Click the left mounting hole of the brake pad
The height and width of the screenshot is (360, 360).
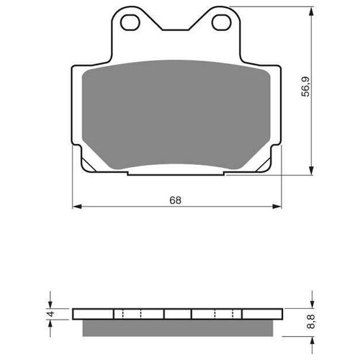click(x=130, y=23)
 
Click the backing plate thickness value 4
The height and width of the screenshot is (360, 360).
click(x=50, y=313)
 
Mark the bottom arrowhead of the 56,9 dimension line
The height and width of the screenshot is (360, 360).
click(x=311, y=168)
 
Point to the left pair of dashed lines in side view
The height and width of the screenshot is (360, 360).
click(x=131, y=314)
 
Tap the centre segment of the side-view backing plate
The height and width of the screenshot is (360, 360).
click(x=177, y=314)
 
